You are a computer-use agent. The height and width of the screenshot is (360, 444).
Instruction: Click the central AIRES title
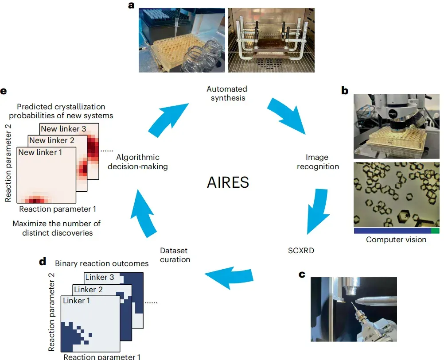pos(228,182)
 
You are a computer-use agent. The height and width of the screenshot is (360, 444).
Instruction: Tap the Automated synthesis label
pos(227,93)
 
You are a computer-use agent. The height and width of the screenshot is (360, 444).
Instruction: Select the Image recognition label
pos(318,162)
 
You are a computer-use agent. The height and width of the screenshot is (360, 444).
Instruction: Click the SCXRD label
pos(301,251)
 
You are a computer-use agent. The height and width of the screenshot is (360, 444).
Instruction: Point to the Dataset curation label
pos(175,255)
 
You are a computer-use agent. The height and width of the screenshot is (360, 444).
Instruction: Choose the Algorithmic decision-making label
pos(138,162)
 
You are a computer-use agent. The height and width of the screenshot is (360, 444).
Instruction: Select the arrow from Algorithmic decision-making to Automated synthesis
pos(168,120)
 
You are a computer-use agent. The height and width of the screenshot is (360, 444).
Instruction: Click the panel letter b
pos(345,91)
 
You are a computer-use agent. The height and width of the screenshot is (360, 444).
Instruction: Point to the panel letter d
pos(43,261)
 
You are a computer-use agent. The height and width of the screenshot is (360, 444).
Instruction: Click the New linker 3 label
pos(63,129)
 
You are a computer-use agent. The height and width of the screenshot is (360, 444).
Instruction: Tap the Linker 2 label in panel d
pos(88,290)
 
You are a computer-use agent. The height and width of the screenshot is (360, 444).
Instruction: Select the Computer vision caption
pos(396,240)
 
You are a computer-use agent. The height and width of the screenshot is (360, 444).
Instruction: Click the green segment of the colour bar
pos(435,231)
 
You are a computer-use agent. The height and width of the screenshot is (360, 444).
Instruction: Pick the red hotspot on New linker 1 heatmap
pos(35,200)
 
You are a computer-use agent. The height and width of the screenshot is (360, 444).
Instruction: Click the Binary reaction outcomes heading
pos(101,263)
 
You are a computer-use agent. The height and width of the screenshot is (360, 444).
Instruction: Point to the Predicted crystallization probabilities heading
pos(61,111)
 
